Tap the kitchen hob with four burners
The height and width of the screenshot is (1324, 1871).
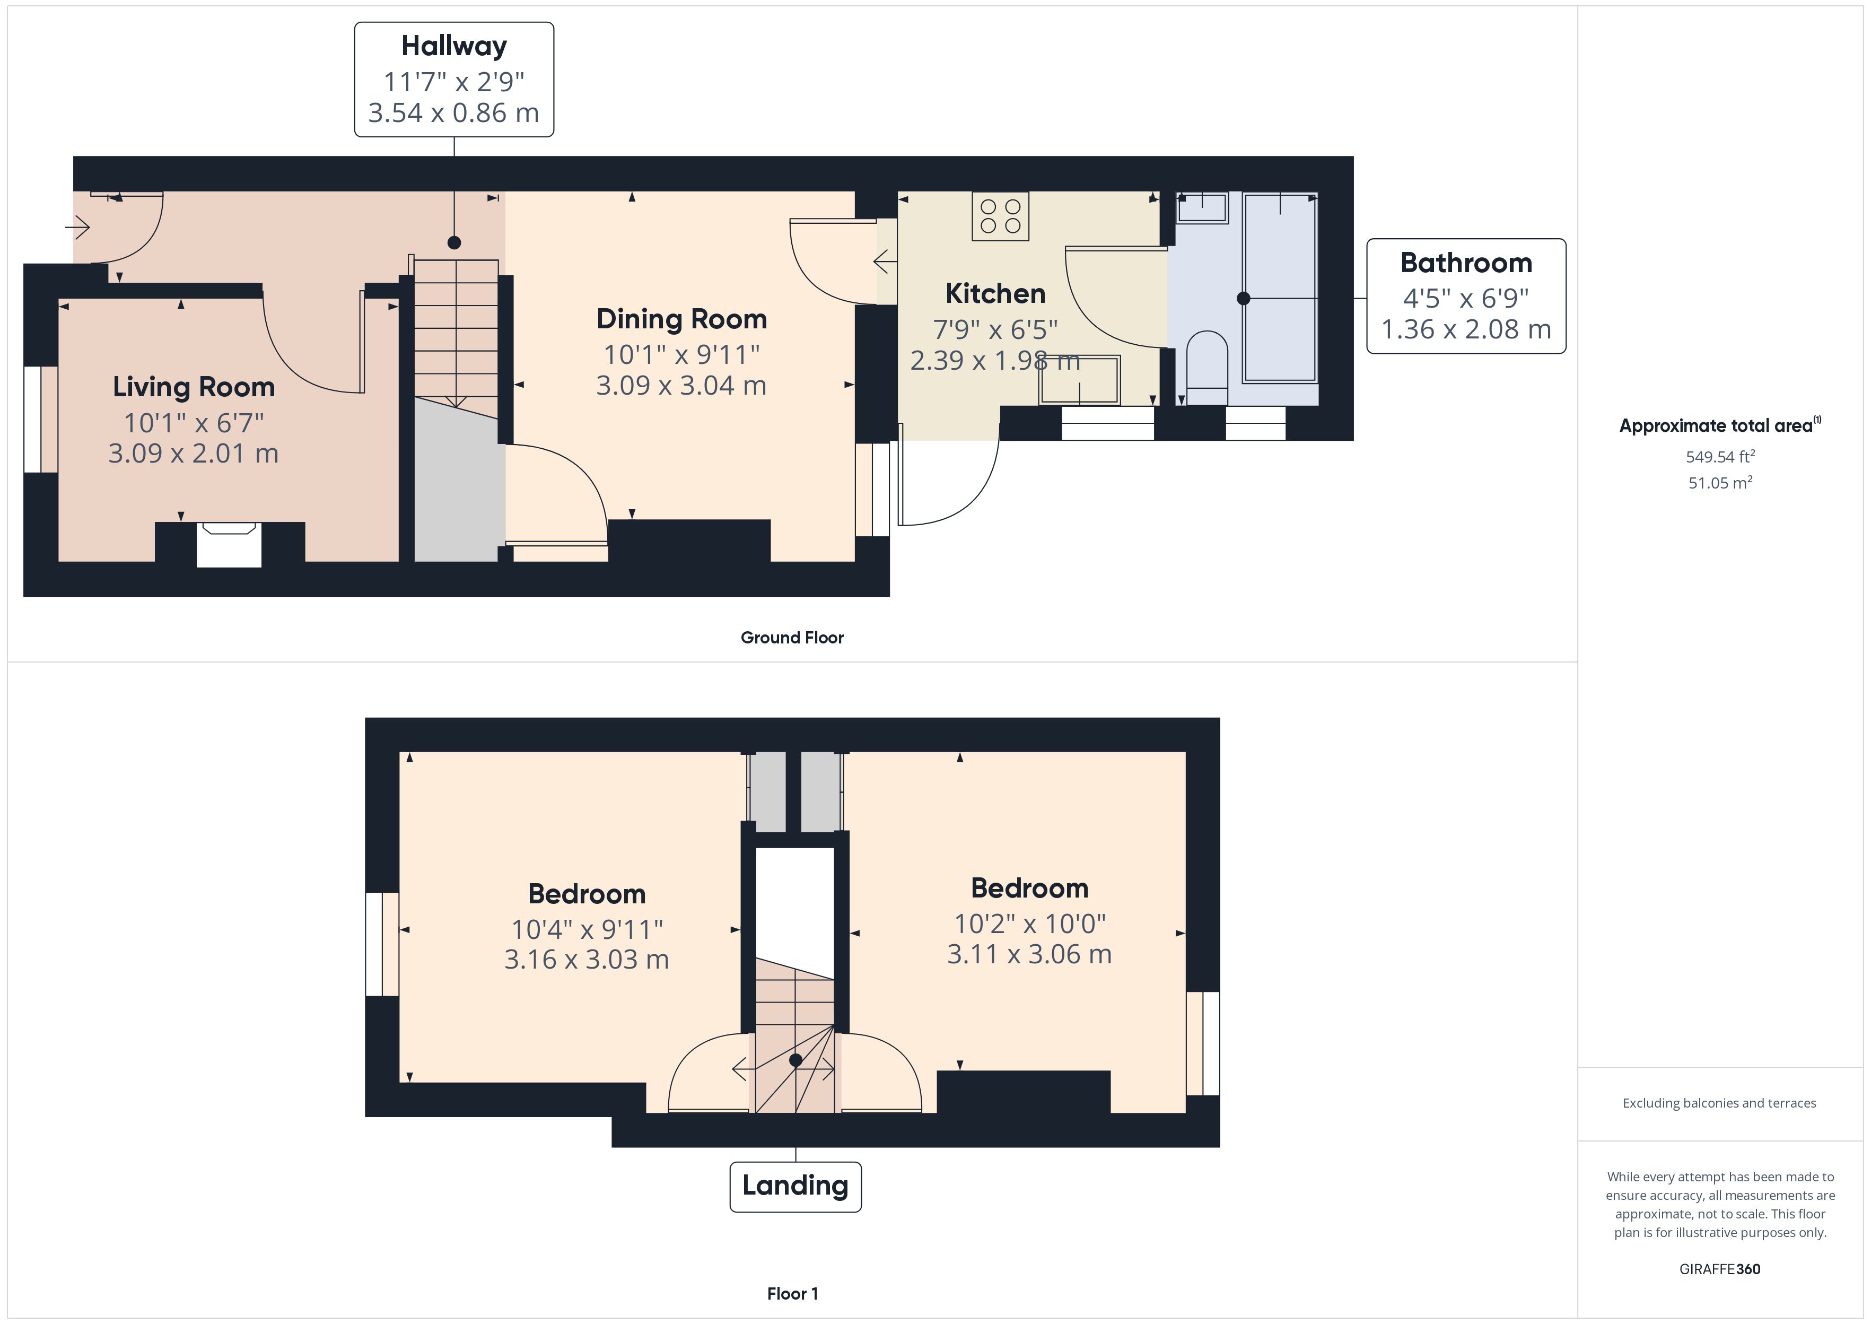[1000, 216]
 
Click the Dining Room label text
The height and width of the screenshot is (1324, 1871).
[681, 319]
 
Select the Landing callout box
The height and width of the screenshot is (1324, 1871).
[795, 1186]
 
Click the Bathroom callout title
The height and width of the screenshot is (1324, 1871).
[1466, 263]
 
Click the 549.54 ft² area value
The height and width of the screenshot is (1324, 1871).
[1719, 457]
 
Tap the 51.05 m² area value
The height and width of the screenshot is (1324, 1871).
[1719, 483]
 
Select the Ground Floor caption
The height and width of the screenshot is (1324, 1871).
[791, 638]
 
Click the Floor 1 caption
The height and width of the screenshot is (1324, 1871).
[792, 1294]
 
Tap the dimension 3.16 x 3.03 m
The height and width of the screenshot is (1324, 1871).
[587, 960]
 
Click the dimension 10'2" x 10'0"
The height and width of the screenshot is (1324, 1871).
[1029, 924]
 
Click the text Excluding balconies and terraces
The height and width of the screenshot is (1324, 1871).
[1719, 1103]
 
